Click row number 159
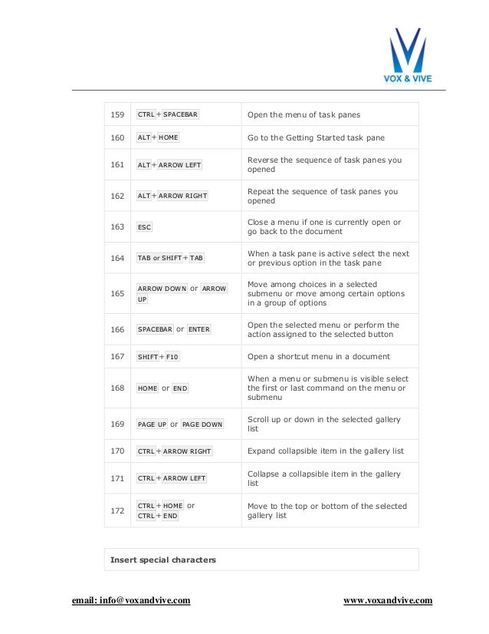(x=117, y=115)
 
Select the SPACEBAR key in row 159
(x=181, y=115)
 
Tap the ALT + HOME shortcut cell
(x=158, y=138)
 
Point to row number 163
(x=117, y=227)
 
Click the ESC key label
(x=144, y=227)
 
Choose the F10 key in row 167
(x=172, y=357)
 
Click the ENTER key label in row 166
(x=199, y=329)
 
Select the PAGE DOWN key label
(x=202, y=424)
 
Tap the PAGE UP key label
(x=152, y=424)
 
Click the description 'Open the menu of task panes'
(x=304, y=115)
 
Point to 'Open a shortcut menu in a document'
(x=318, y=357)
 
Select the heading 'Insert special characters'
(x=163, y=560)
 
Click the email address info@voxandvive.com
(x=131, y=600)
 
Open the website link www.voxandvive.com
(x=388, y=600)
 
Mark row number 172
(x=117, y=510)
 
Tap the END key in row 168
(x=180, y=388)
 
